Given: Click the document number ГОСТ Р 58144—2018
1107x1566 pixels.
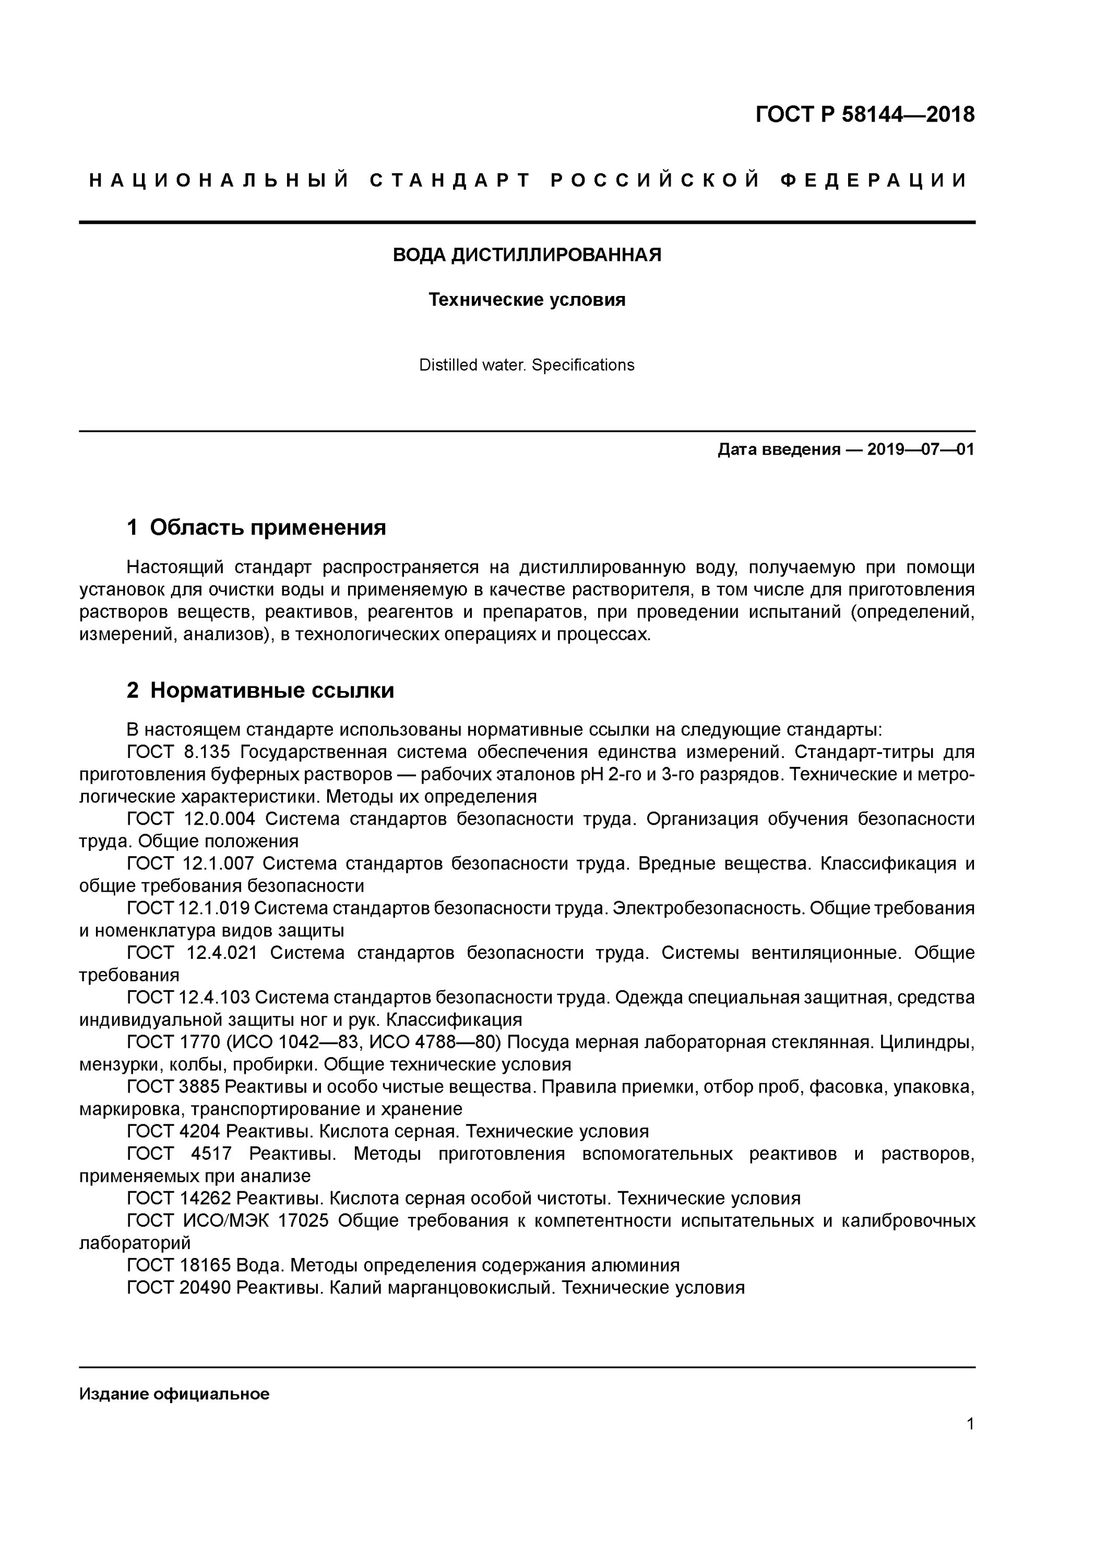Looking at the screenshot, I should pos(865,115).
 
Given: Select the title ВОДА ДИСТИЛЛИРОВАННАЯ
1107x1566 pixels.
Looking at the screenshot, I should pos(527,255).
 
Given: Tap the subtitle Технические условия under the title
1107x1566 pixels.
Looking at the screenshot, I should pos(527,300).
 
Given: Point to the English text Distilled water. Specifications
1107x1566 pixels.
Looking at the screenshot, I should pos(527,365).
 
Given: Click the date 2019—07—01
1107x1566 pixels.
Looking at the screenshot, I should pos(921,449).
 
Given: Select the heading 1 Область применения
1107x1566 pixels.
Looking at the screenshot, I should pos(256,527).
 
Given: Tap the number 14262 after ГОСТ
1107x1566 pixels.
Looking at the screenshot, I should pos(205,1199).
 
